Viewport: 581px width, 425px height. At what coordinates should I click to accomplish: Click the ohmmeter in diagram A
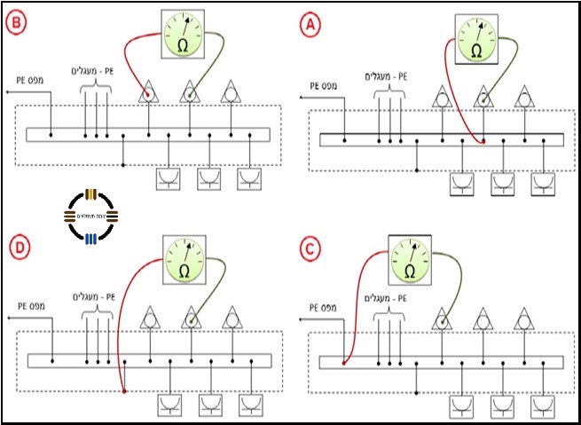[x=477, y=41]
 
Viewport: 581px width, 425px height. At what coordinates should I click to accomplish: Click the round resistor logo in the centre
[x=92, y=216]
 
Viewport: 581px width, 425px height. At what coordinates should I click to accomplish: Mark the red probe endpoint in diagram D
[x=123, y=391]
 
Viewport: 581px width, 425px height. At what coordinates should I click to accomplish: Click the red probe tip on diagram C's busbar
[x=344, y=362]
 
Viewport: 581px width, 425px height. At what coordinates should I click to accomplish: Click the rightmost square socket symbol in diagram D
[x=251, y=404]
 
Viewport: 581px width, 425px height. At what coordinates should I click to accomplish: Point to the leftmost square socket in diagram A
[x=462, y=185]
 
